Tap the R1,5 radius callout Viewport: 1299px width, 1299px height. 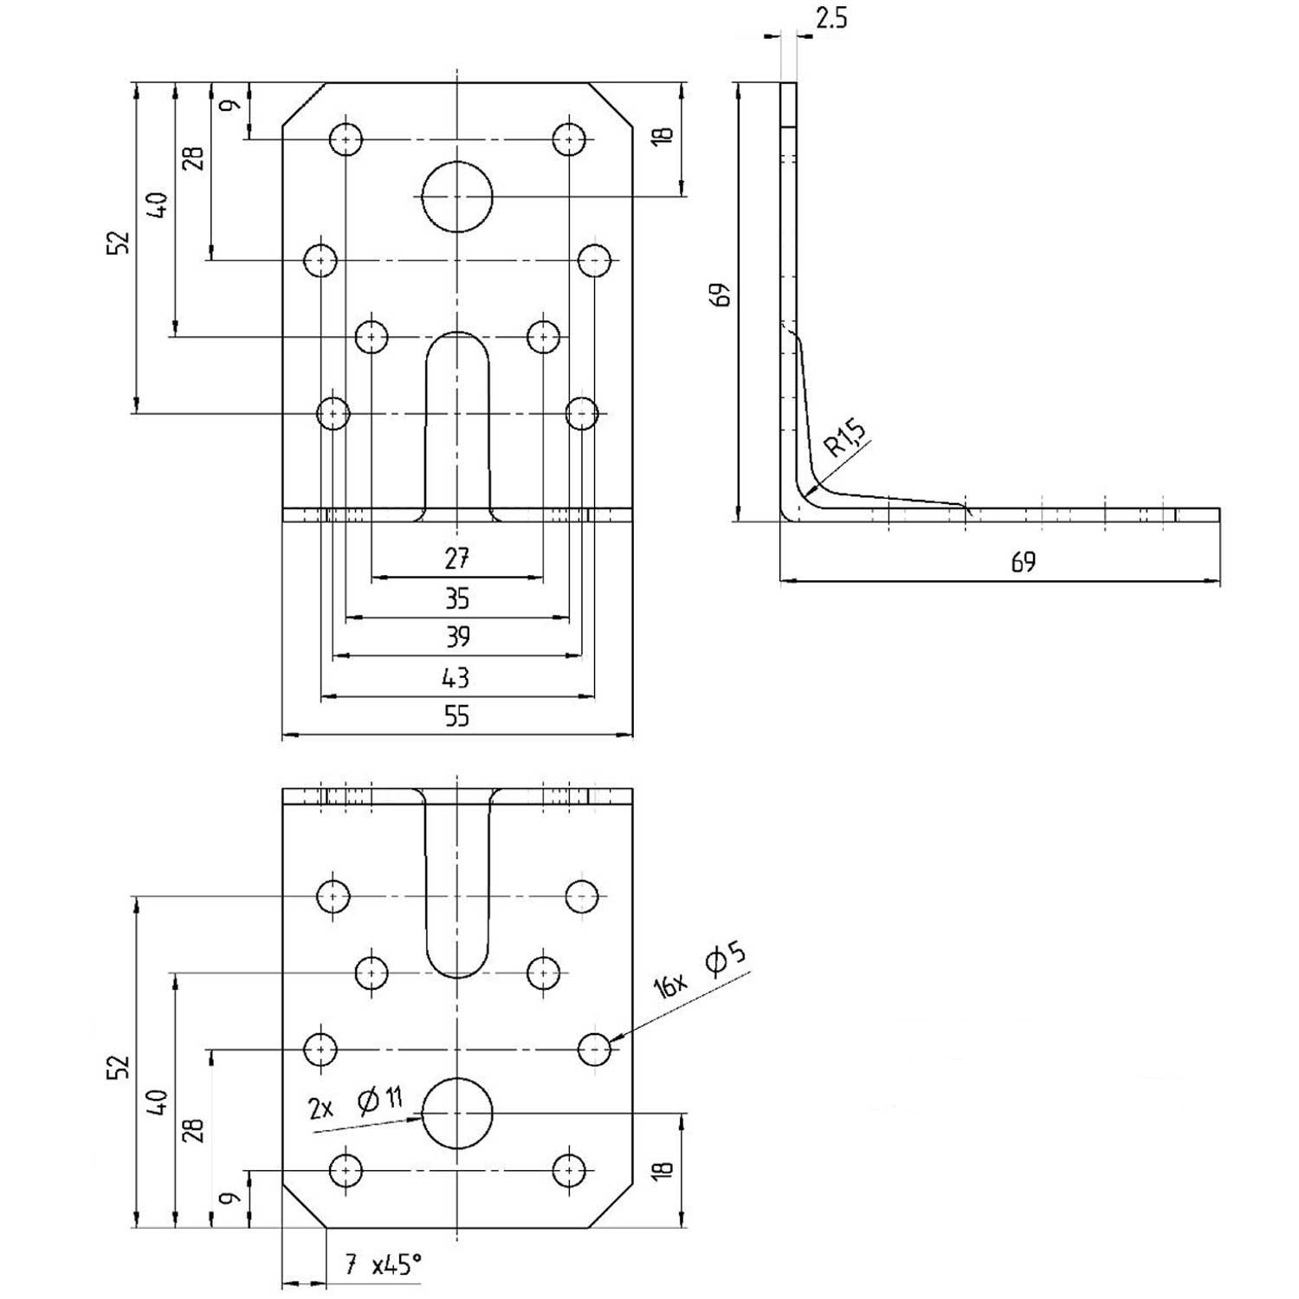[x=845, y=438]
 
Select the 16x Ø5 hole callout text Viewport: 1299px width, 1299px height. [x=700, y=971]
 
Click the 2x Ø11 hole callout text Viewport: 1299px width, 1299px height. [x=355, y=1103]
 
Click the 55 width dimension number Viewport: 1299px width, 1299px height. [x=456, y=716]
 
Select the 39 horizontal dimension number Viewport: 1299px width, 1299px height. [x=457, y=637]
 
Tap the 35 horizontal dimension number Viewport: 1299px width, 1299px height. [x=456, y=598]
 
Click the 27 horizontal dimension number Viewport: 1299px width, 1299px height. [x=456, y=559]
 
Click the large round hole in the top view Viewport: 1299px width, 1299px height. [x=457, y=197]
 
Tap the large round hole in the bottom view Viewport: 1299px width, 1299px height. [x=457, y=1114]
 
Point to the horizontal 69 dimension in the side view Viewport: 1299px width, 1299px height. [x=1023, y=562]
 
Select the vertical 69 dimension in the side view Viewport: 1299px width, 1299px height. [x=721, y=294]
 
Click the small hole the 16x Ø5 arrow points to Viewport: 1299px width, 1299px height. [x=594, y=1050]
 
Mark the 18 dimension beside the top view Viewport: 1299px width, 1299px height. [x=662, y=135]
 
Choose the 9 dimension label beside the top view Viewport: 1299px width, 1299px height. [x=229, y=106]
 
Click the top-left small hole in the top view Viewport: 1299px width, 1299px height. [x=346, y=139]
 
